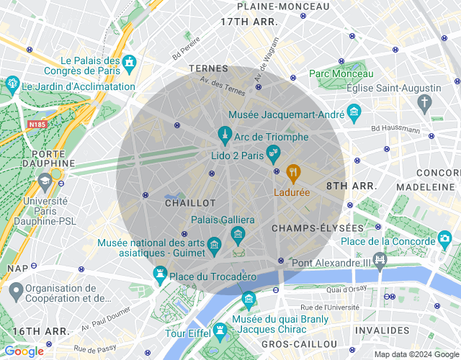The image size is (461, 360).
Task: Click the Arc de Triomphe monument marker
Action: (225, 135)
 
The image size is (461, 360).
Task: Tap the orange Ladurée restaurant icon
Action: (292, 173)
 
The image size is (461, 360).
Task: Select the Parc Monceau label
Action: (341, 73)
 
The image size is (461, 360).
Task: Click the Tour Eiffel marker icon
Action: (218, 332)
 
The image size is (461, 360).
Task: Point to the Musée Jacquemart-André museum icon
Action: (353, 112)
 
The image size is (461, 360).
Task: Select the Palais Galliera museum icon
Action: (238, 234)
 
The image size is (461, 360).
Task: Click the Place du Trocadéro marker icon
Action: (160, 274)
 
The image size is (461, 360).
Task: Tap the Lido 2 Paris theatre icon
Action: (272, 152)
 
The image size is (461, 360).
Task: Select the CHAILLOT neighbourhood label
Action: (190, 204)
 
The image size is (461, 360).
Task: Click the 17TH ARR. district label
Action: (249, 22)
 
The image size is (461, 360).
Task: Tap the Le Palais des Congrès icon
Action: (130, 63)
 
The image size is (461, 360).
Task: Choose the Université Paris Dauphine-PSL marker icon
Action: (45, 179)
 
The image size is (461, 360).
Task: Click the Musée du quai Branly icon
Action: (249, 298)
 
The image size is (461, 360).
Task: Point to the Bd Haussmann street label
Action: (395, 129)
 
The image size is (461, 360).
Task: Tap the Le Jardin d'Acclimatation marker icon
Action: (12, 84)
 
